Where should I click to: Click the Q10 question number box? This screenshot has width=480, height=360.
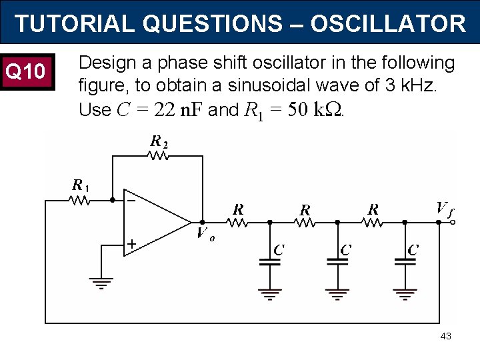pos(25,71)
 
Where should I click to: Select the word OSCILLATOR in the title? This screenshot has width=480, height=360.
pos(388,24)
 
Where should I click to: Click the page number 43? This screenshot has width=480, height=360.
pos(445,336)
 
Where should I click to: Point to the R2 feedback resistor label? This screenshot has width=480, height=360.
pos(159,141)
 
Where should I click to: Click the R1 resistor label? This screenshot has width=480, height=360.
pos(81,185)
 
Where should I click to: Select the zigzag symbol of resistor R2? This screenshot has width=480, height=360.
pos(159,155)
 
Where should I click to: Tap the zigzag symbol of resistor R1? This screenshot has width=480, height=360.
pos(81,199)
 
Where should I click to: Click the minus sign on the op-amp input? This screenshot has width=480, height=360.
pos(131,199)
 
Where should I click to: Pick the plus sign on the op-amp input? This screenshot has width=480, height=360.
pos(131,245)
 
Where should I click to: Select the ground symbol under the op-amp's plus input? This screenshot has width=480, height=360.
pos(101,283)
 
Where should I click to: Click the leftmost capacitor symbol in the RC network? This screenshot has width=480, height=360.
pos(270,262)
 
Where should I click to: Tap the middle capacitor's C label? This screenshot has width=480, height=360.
pos(346,250)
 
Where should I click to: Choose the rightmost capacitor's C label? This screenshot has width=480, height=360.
pos(413,250)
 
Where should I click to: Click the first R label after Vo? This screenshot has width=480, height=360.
pos(238,209)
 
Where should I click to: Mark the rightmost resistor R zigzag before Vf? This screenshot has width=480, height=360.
pos(372,223)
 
